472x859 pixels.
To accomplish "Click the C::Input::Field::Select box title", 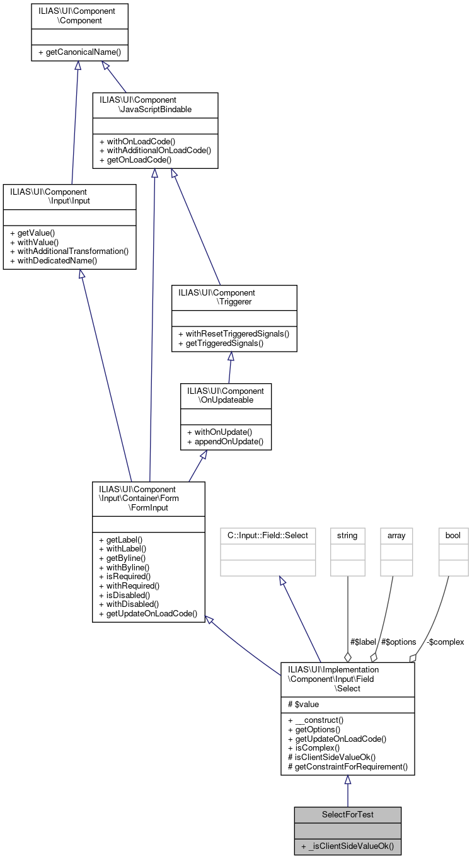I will coord(268,536).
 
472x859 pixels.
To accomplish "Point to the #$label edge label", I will coord(363,642).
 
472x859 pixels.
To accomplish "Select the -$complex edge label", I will coord(445,642).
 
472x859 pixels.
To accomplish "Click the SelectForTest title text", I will coord(347,814).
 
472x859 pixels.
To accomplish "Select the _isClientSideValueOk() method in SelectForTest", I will coord(347,846).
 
